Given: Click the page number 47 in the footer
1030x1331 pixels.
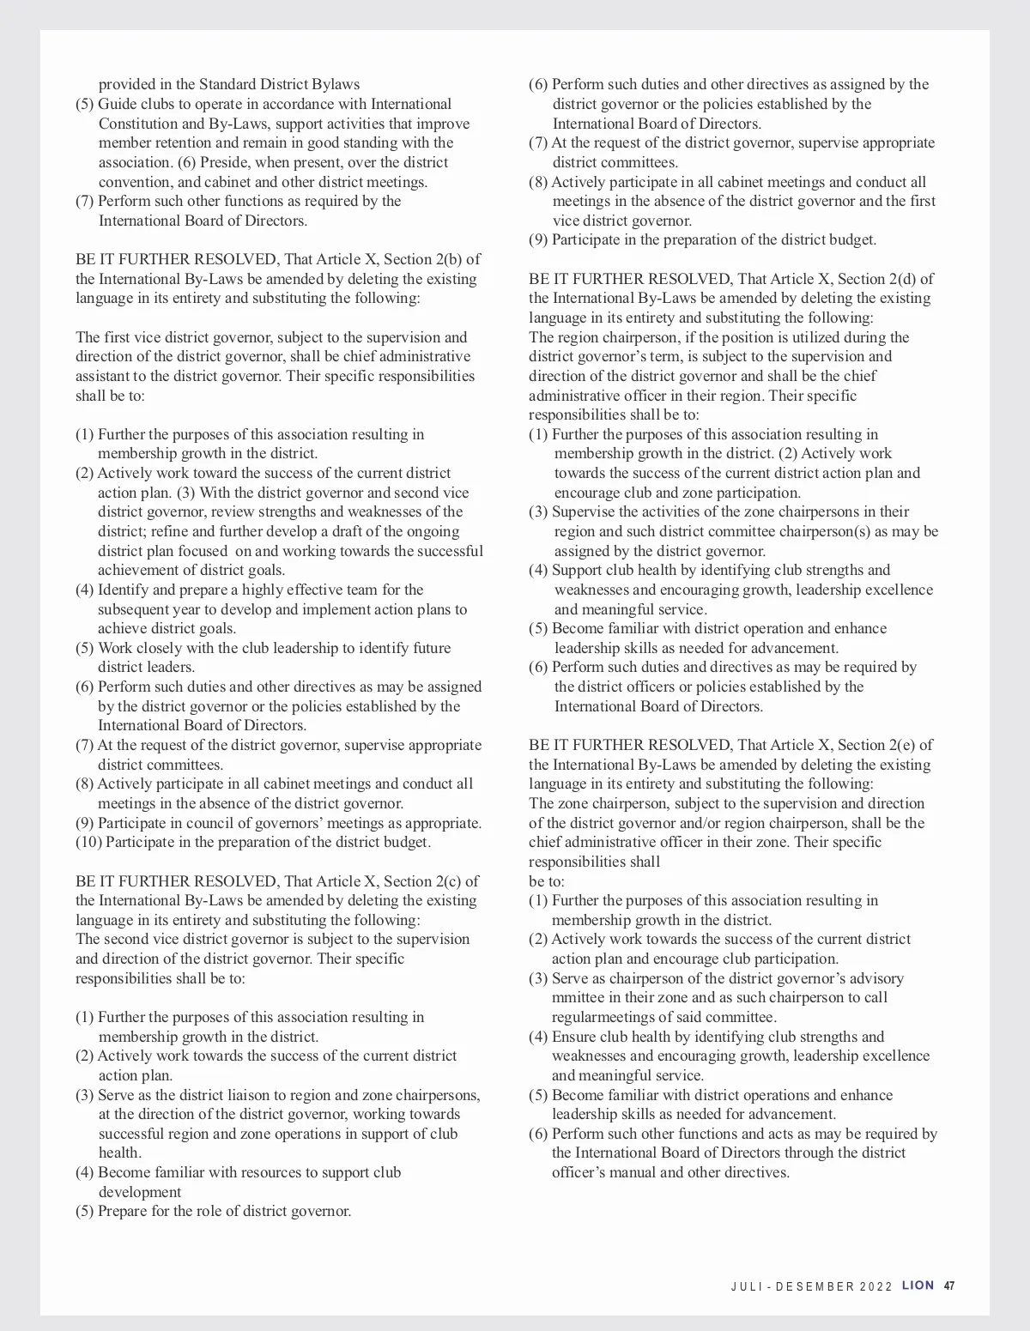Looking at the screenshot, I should [x=949, y=1286].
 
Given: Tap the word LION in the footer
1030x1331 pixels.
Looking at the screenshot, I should [x=918, y=1286].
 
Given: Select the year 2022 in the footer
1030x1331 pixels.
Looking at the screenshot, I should [x=875, y=1286].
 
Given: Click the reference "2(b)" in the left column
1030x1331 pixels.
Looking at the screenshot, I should [x=445, y=259].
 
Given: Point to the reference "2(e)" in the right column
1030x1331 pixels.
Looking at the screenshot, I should [x=898, y=745].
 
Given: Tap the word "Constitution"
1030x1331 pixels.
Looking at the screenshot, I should [x=140, y=124].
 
